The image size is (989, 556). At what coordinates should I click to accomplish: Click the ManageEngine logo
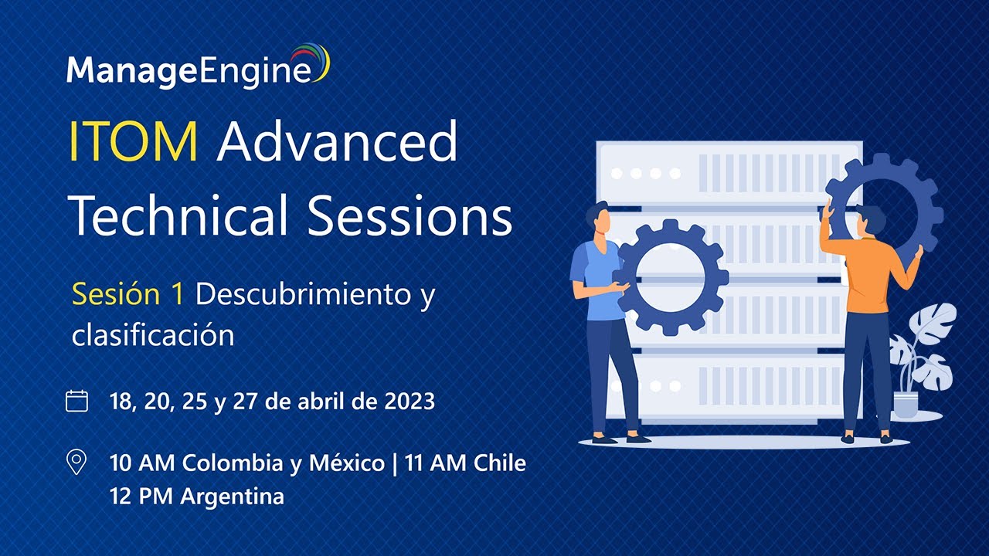pos(197,70)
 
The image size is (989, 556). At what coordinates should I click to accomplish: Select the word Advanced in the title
pos(338,142)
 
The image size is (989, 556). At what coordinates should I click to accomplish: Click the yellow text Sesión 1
pos(127,294)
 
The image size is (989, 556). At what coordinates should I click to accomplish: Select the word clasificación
pos(153,335)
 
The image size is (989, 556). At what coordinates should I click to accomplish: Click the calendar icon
pos(76,401)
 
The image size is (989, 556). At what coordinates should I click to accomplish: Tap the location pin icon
pos(76,463)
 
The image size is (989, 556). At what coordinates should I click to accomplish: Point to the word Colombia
pos(236,463)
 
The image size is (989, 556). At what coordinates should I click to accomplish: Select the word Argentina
pos(232,497)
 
